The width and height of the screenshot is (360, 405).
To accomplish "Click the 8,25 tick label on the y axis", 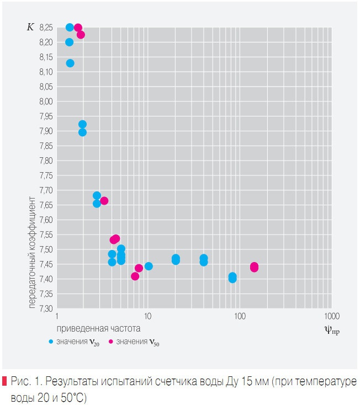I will tap(47, 27).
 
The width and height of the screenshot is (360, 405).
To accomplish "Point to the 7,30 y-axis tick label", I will tap(47, 308).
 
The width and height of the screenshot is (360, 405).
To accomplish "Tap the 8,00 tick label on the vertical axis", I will tap(47, 102).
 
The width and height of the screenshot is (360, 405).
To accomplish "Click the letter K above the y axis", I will tap(30, 27).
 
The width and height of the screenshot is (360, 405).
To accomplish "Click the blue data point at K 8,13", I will tap(70, 63).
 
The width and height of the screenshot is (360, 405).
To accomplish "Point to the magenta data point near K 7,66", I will tap(104, 201).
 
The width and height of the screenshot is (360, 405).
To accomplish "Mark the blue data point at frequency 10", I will tap(149, 266).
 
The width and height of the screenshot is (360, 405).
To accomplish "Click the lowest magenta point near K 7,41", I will tap(135, 276).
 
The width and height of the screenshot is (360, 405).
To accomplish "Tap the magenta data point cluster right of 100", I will tap(254, 267).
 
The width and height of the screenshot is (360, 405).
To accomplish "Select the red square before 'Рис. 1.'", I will tap(4, 381).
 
